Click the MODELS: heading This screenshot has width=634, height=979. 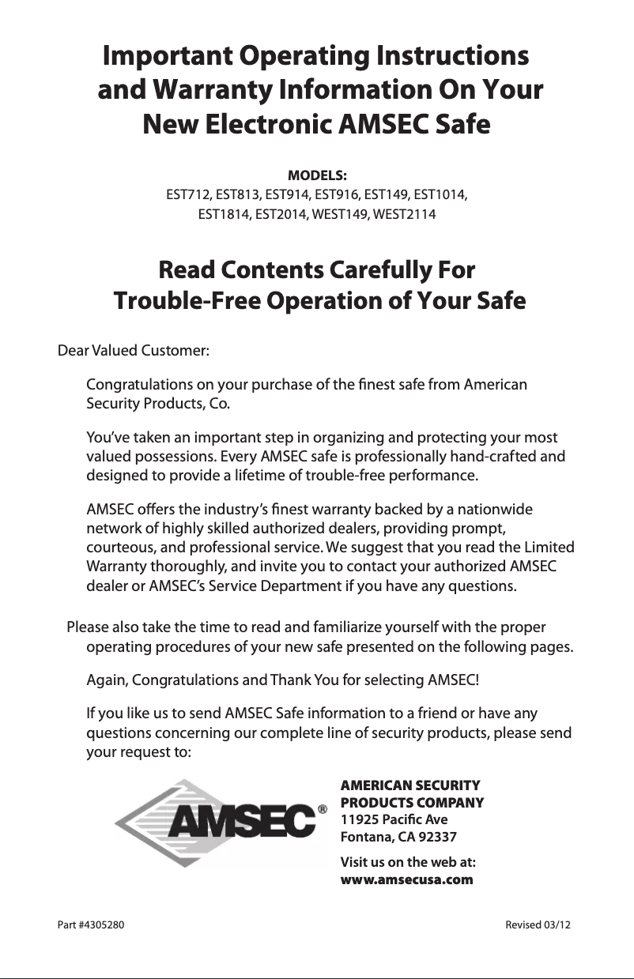[317, 174]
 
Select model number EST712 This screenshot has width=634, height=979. [188, 194]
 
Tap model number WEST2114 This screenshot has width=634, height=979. [403, 214]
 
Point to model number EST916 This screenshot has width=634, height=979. [337, 194]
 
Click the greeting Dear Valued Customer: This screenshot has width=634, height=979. [134, 350]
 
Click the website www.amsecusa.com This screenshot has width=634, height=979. [406, 879]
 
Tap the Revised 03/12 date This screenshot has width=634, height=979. [538, 924]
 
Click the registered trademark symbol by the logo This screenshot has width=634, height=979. [322, 810]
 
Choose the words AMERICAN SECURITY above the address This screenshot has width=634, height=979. [409, 785]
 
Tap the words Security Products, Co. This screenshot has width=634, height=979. [158, 405]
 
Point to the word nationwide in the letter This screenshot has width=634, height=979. [494, 510]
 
